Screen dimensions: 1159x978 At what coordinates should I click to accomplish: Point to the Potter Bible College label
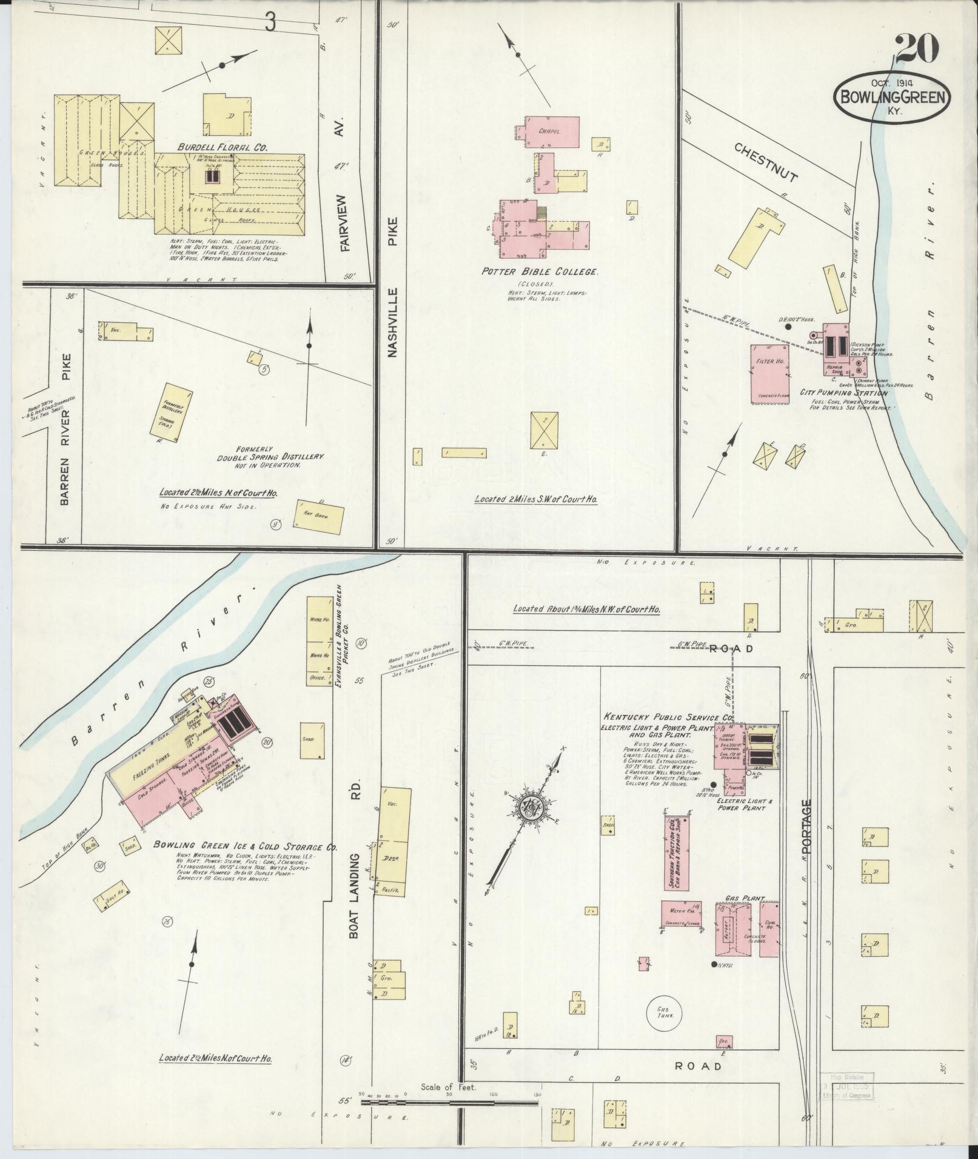tap(540, 272)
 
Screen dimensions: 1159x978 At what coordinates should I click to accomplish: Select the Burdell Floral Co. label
tap(223, 147)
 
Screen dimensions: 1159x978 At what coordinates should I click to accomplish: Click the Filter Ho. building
tap(770, 373)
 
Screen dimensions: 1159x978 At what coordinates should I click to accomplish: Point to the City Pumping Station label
tap(843, 393)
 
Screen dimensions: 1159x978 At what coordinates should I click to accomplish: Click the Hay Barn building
tap(320, 516)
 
